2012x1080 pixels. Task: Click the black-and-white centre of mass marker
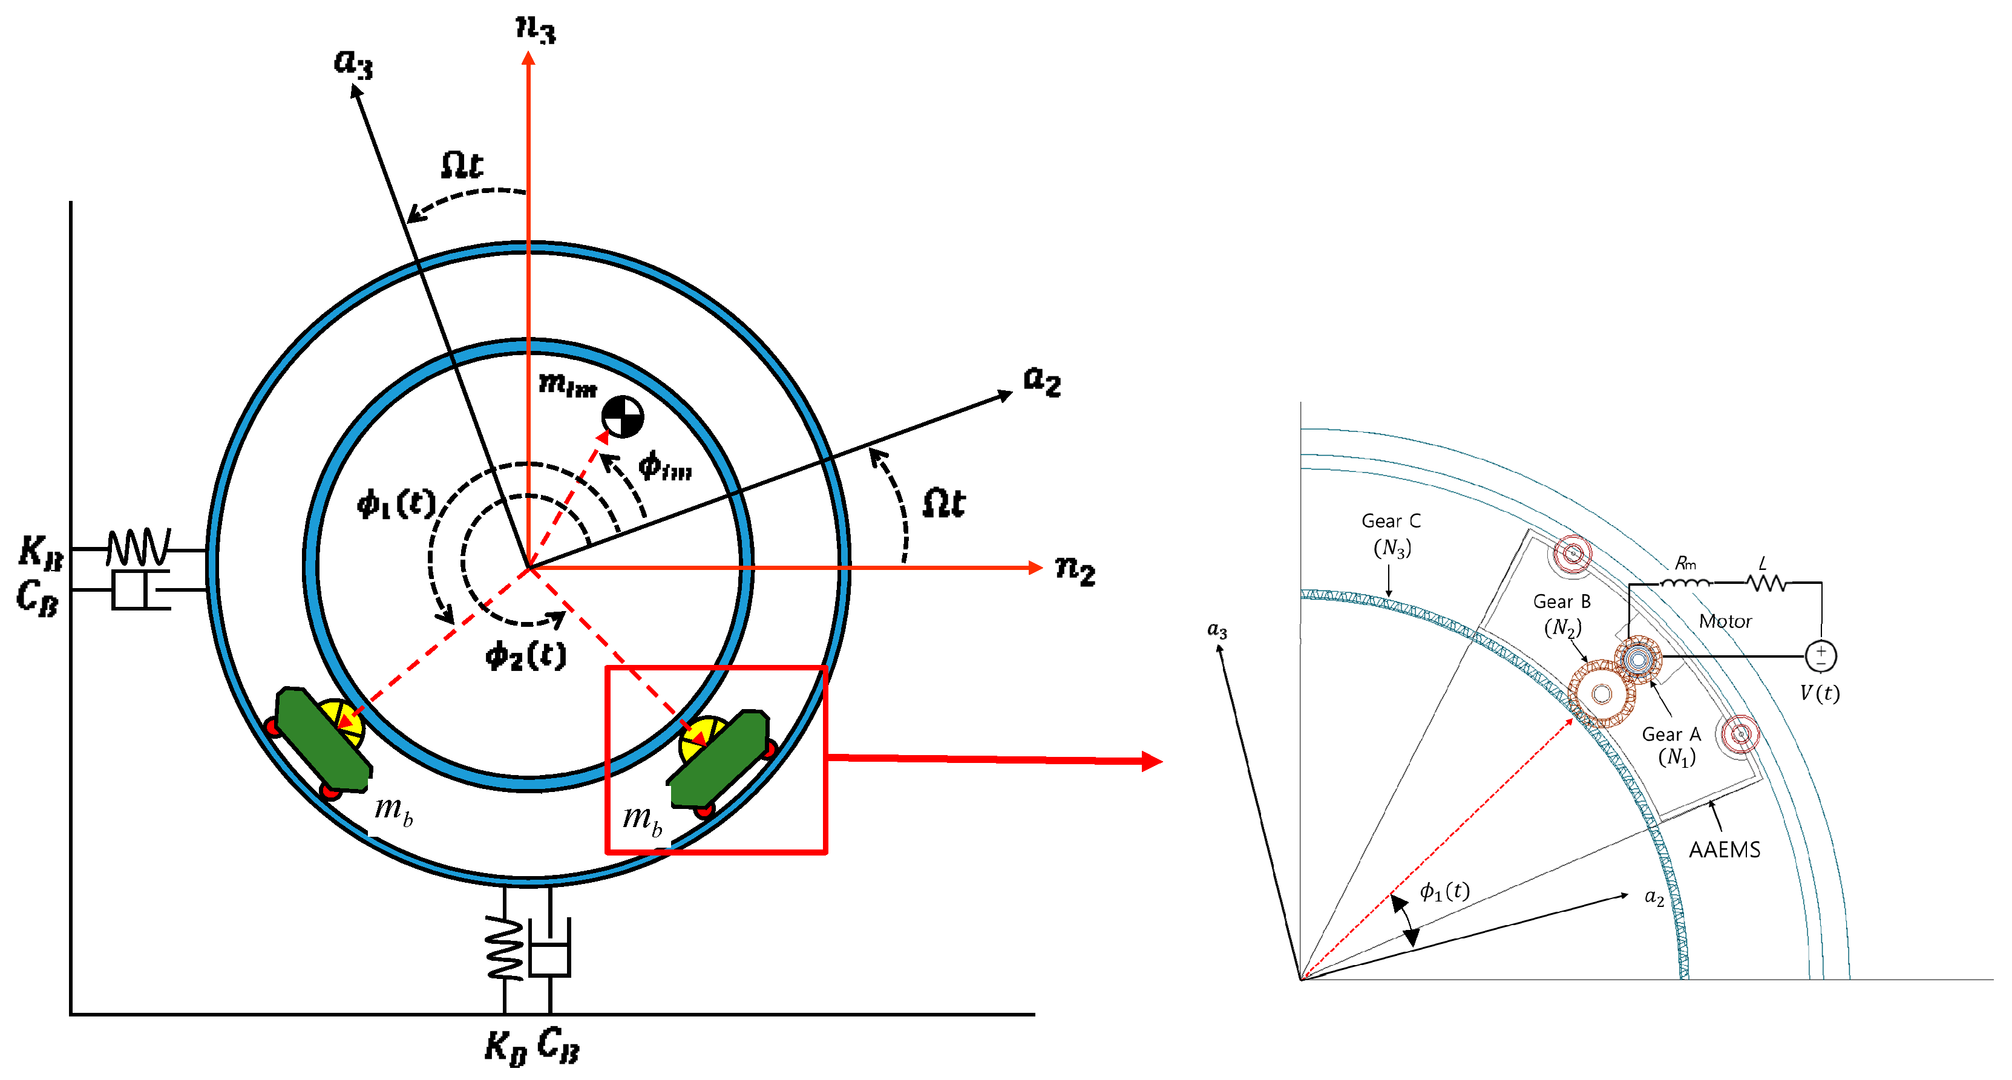point(623,417)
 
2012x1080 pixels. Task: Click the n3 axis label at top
point(536,30)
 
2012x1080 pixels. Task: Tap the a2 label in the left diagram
point(1042,381)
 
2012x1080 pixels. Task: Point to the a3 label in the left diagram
point(353,62)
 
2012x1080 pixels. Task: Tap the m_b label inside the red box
point(642,819)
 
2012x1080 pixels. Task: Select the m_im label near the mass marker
point(568,384)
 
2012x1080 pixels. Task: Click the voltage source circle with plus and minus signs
point(1820,655)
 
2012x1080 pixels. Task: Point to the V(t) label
point(1819,693)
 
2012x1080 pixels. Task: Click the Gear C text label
point(1391,521)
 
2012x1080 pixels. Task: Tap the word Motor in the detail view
point(1725,621)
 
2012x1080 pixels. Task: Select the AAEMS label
point(1725,849)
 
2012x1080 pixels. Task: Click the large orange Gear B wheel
point(1601,693)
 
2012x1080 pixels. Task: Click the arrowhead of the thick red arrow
point(1152,761)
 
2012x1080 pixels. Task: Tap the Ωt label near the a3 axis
point(462,166)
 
